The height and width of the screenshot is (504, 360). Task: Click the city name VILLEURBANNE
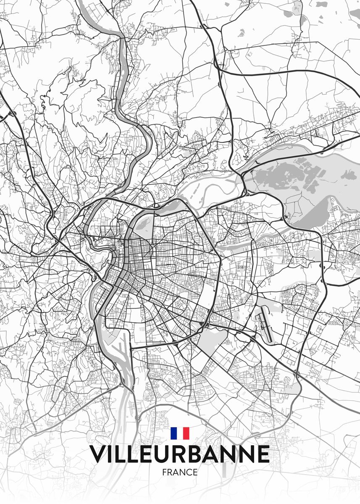[179, 454]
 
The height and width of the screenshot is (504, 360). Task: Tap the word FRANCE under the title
[179, 472]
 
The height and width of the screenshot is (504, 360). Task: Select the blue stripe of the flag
[173, 433]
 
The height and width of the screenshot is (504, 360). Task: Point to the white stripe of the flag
[180, 433]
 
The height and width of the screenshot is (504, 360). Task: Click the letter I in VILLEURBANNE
[112, 454]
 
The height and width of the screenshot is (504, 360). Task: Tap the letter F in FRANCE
[164, 472]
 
